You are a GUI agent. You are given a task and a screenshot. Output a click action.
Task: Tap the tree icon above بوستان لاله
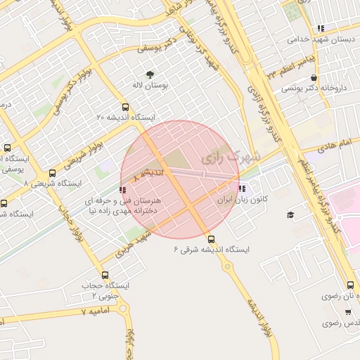(x=150, y=74)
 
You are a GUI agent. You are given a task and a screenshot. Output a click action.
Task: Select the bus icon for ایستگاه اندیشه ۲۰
(x=125, y=108)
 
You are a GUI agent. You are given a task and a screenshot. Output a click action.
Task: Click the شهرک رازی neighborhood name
(x=230, y=155)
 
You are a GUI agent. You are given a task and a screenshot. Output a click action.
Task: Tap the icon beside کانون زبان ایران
(x=242, y=188)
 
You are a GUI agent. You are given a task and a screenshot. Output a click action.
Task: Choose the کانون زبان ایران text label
(x=233, y=200)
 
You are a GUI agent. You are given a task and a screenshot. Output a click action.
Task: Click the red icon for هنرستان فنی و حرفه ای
(x=123, y=189)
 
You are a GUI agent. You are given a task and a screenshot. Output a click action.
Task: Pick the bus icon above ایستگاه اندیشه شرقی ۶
(x=212, y=238)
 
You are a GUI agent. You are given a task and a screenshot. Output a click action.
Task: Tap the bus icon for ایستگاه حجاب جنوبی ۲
(x=105, y=275)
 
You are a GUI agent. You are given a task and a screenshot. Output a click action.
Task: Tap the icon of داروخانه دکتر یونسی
(x=313, y=78)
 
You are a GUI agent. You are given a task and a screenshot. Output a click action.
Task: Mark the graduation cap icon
(x=290, y=214)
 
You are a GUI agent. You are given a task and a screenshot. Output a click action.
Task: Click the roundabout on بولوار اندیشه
(x=227, y=267)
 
